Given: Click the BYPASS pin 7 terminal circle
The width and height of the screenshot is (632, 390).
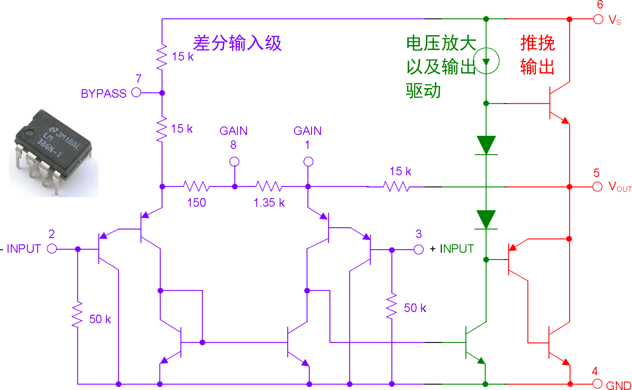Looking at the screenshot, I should (136, 92).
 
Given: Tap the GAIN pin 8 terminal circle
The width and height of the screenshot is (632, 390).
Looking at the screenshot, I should (234, 162).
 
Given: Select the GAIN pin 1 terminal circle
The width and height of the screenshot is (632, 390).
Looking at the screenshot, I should (308, 162).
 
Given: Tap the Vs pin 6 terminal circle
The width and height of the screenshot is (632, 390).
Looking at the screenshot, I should (598, 19).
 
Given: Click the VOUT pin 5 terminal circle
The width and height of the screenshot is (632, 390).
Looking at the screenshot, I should (597, 186).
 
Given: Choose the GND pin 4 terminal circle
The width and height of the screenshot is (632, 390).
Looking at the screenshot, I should (597, 383).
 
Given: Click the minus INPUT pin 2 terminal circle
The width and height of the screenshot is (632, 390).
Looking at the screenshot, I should (52, 249).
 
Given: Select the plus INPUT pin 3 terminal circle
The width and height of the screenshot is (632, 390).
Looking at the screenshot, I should (419, 249).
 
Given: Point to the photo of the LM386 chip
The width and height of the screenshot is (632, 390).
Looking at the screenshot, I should (54, 152).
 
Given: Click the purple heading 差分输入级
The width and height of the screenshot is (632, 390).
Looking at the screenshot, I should (237, 43).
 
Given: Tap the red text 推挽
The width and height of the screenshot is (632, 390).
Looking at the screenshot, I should (538, 43).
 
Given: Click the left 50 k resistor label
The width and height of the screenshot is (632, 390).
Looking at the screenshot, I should (100, 319).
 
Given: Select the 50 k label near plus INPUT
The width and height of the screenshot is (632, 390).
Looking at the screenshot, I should (415, 308).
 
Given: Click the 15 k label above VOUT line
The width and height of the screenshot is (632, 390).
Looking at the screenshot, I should (400, 171).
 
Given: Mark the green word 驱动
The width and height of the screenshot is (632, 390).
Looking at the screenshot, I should (423, 91).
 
